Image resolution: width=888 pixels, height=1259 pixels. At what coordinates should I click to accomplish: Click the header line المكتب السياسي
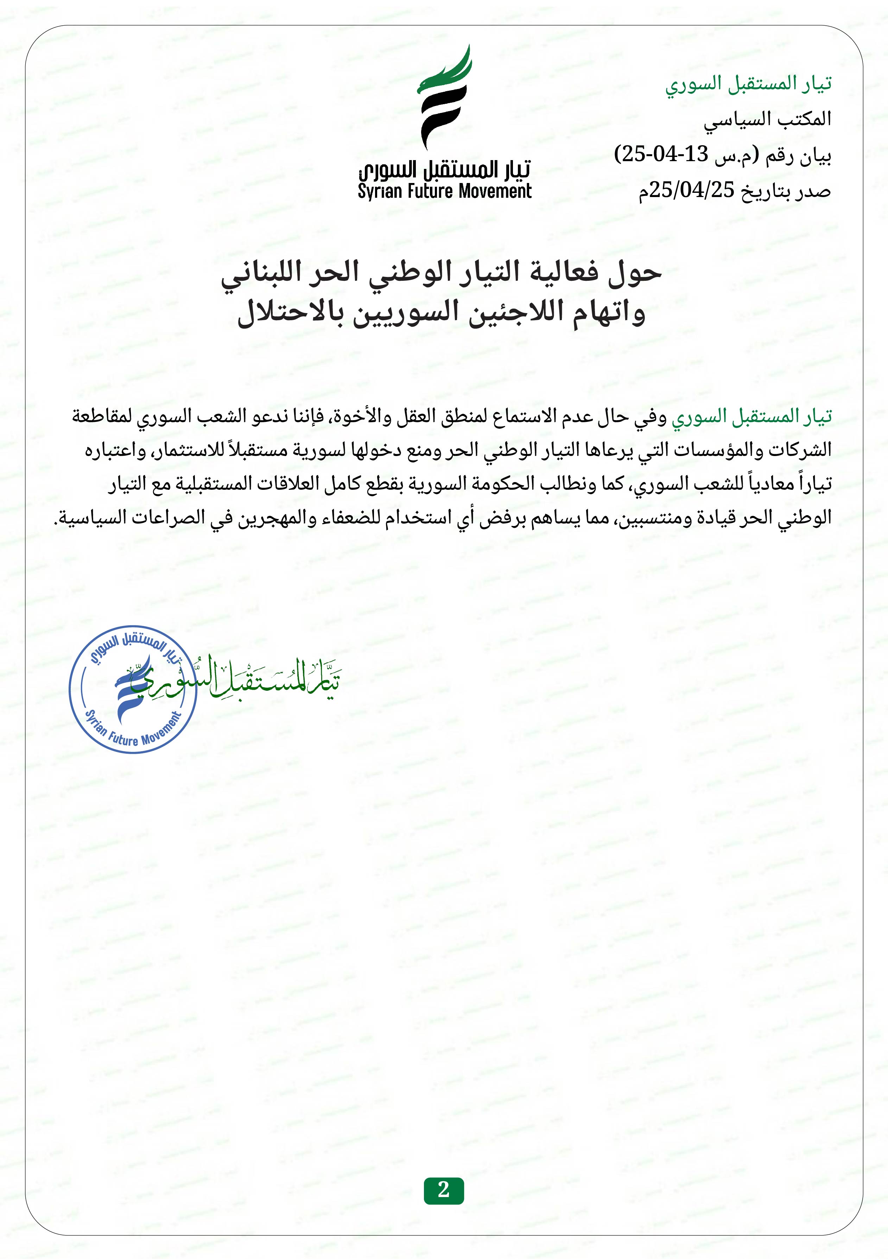[x=767, y=119]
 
